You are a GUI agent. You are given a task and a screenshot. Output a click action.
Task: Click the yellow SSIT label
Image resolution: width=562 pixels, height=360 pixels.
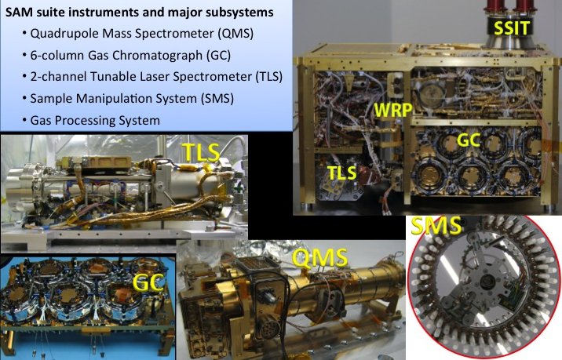512,27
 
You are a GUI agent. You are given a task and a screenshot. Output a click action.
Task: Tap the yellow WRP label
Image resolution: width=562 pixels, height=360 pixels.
393,109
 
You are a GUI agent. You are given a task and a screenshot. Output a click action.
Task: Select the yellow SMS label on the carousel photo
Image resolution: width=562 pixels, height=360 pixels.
436,225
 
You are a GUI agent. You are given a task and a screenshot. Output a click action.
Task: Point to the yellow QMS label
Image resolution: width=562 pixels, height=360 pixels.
319,257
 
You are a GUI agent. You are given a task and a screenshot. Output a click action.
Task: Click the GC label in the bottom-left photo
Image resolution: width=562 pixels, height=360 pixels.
148,282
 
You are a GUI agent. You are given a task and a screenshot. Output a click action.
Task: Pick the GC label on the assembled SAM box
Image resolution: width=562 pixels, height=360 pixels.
469,140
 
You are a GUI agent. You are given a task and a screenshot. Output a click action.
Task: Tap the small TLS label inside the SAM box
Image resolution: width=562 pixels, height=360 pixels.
342,173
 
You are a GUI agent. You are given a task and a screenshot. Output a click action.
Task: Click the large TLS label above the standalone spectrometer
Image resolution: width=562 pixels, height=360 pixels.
201,152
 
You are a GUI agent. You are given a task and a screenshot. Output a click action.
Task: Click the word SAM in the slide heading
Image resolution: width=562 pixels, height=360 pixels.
16,13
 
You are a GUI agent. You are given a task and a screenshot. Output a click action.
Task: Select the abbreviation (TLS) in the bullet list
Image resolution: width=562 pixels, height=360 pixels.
268,77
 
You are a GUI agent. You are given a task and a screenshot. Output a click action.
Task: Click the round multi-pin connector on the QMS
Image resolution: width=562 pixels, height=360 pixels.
268,331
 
